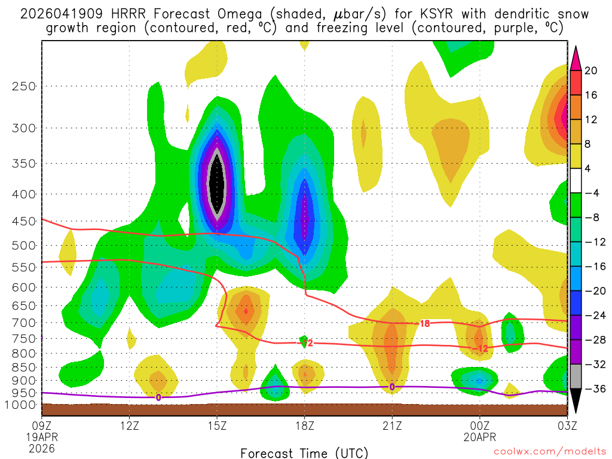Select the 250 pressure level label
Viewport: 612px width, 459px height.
pos(23,86)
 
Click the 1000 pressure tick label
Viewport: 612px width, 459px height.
pos(21,405)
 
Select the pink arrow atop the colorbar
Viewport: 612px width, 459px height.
pos(576,57)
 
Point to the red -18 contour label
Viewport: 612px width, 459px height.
pos(423,323)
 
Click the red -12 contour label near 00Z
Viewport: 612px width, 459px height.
pos(481,348)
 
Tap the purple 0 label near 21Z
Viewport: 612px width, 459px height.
pos(391,387)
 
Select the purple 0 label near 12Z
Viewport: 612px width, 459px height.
pos(158,397)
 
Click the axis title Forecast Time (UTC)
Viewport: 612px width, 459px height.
pos(304,452)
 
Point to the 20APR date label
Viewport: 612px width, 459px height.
pos(479,436)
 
